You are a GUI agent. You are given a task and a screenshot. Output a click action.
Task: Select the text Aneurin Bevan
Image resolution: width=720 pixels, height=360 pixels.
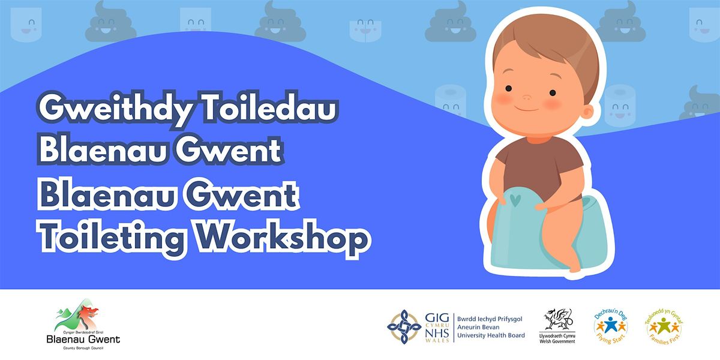click(x=478, y=327)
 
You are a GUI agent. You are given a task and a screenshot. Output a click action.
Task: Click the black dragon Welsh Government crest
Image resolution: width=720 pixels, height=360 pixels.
click(x=557, y=320)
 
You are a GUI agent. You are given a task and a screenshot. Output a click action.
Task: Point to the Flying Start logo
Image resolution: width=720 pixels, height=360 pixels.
click(x=611, y=327)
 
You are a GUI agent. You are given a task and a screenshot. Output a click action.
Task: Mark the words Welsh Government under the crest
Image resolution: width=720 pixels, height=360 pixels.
click(x=557, y=341)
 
